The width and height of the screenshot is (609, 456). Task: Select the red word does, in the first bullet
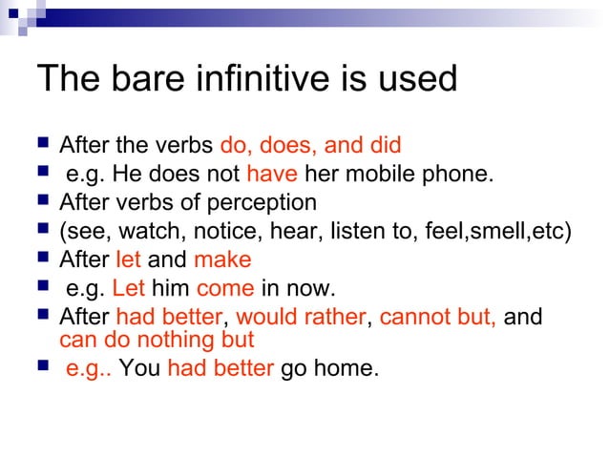pyautogui.click(x=287, y=146)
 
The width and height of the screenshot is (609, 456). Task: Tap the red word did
pyautogui.click(x=382, y=146)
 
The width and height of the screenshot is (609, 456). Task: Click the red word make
pyautogui.click(x=222, y=259)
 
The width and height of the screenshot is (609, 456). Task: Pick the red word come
pyautogui.click(x=225, y=288)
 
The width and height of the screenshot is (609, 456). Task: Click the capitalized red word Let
pyautogui.click(x=128, y=288)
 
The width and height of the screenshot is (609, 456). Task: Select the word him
pyautogui.click(x=170, y=288)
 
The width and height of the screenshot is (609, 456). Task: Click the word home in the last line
pyautogui.click(x=352, y=368)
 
